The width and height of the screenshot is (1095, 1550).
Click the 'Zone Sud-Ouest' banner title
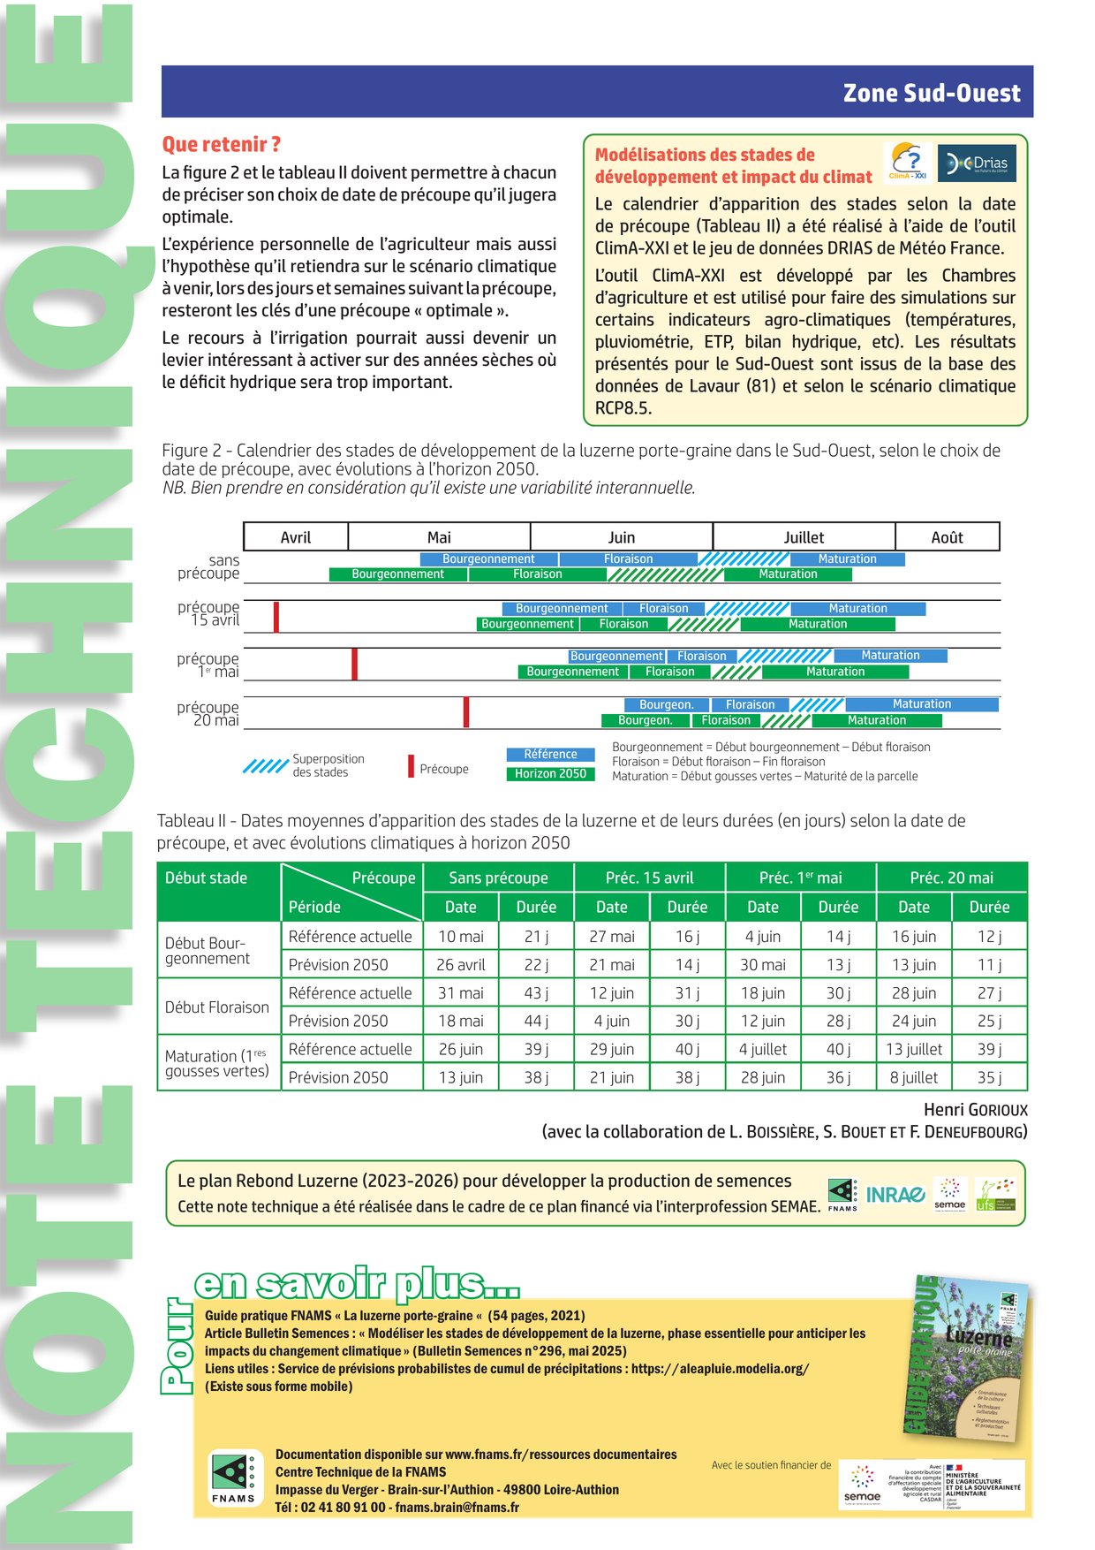pyautogui.click(x=931, y=93)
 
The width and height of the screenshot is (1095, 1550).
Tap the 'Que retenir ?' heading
pyautogui.click(x=221, y=144)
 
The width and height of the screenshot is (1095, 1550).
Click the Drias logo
pyautogui.click(x=977, y=163)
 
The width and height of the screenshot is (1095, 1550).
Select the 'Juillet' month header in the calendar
pyautogui.click(x=804, y=537)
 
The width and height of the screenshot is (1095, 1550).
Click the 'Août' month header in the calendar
pyautogui.click(x=947, y=537)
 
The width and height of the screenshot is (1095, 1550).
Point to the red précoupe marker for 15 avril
pyautogui.click(x=276, y=616)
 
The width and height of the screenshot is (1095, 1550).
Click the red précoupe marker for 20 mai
pyautogui.click(x=466, y=712)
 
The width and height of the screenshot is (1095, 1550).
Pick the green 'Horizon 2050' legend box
pyautogui.click(x=550, y=773)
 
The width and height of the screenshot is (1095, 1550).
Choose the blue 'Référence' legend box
pyautogui.click(x=550, y=754)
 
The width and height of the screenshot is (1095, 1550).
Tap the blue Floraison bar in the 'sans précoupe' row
pyautogui.click(x=628, y=559)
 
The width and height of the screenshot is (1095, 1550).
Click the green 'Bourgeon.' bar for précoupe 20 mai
pyautogui.click(x=645, y=720)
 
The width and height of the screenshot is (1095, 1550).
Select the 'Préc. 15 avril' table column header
pyautogui.click(x=649, y=878)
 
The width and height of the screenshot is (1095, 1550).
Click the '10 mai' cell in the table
pyautogui.click(x=460, y=937)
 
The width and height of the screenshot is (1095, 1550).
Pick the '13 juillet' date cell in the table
pyautogui.click(x=914, y=1049)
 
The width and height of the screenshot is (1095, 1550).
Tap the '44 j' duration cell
pyautogui.click(x=536, y=1021)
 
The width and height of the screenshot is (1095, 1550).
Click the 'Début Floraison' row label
pyautogui.click(x=217, y=1007)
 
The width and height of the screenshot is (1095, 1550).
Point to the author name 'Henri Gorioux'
pyautogui.click(x=975, y=1110)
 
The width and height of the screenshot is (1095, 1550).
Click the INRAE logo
pyautogui.click(x=895, y=1195)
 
